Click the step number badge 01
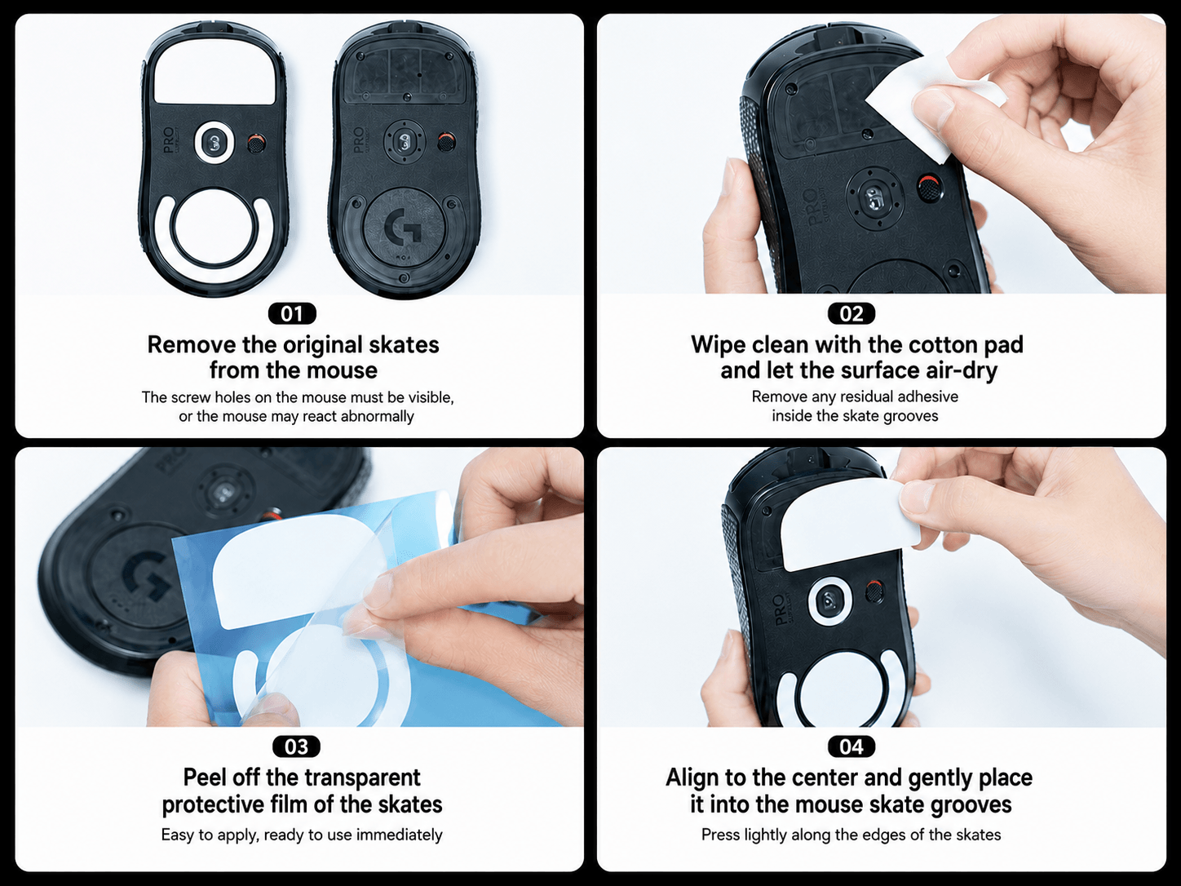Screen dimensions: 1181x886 pos(292,313)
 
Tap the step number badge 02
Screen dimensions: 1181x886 pos(851,313)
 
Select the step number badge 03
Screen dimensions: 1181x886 pos(296,746)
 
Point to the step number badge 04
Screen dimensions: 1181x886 pos(851,746)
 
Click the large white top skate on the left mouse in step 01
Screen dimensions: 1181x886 pos(215,75)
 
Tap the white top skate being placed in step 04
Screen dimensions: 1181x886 pos(850,525)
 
